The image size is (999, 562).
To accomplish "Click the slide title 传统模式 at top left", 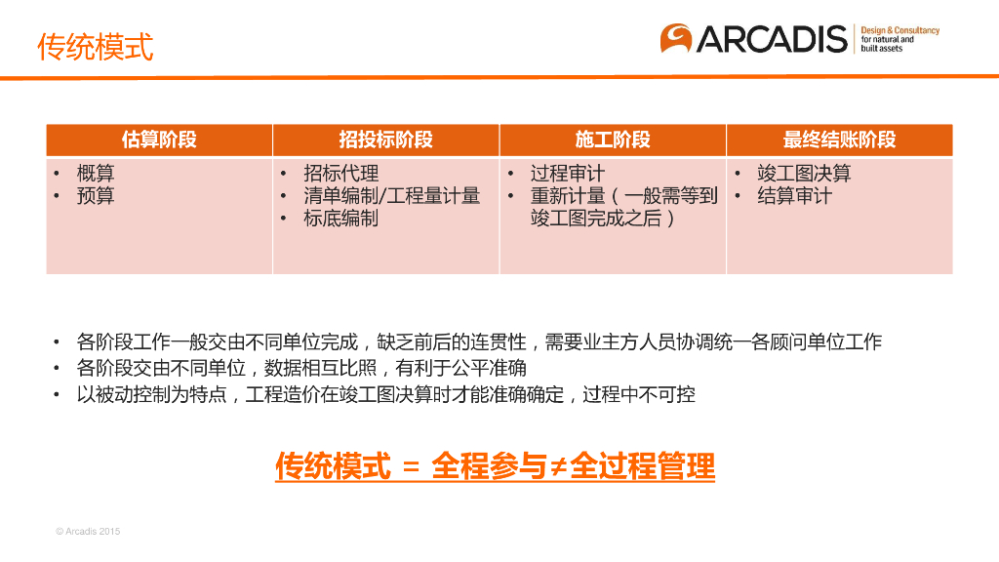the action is [95, 47].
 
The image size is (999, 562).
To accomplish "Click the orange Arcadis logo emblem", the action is [676, 38].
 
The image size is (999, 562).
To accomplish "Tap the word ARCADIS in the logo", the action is [772, 39].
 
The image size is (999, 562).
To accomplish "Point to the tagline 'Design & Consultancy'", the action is [899, 30].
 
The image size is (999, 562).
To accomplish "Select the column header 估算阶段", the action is [159, 140].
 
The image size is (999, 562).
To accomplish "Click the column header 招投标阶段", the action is [385, 140].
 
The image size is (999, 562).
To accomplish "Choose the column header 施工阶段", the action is [613, 140].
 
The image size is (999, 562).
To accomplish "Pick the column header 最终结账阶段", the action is [839, 140].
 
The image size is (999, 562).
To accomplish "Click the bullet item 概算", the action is [96, 174].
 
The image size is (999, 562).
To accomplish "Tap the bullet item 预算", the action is [96, 195].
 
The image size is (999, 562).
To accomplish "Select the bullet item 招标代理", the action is [340, 174].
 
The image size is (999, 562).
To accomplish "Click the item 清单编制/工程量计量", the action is [392, 195].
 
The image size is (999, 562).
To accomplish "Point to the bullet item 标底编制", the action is [340, 219].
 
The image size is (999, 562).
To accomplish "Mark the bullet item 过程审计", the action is [568, 174].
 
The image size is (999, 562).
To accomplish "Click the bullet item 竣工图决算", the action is [804, 174].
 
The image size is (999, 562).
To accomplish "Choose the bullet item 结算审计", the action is [794, 195].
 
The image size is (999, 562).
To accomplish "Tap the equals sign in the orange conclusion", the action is [411, 468].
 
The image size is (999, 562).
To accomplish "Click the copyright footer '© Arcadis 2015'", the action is [88, 532].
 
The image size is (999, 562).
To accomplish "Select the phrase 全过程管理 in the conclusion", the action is [642, 466].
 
